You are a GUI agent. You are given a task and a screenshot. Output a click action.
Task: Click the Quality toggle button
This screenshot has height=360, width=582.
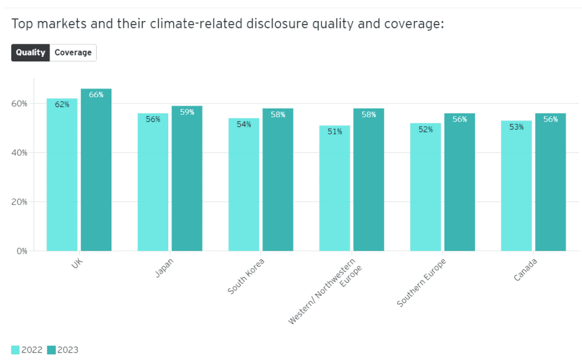point(31,52)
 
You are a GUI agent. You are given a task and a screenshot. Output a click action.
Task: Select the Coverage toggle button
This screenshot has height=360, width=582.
point(73,52)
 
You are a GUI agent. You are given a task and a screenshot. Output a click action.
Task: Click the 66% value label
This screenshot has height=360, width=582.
point(96,95)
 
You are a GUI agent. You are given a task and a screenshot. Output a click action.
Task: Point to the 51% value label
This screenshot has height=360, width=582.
point(335,132)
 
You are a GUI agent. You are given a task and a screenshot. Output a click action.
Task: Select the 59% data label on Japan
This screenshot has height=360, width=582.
point(187,112)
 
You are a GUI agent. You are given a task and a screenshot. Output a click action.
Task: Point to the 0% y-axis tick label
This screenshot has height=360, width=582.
point(22,251)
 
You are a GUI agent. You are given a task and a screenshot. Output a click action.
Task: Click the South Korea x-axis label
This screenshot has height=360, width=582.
point(246,276)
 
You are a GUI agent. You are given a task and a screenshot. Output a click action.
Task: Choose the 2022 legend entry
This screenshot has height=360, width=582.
point(27,350)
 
